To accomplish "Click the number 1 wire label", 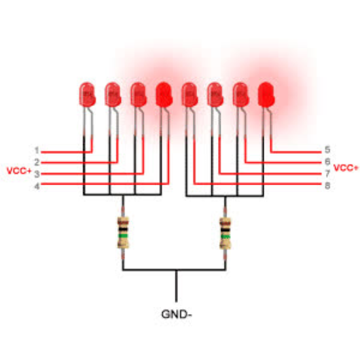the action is tap(37, 151).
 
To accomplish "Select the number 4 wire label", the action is tap(37, 186).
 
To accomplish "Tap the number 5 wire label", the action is tap(327, 150).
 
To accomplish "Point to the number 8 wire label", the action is tap(327, 185).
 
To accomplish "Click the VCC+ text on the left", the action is tap(19, 171).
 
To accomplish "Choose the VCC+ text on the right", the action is tap(346, 168).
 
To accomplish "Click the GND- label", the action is tap(176, 314).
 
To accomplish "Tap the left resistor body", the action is tap(123, 232).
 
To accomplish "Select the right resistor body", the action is tap(225, 233).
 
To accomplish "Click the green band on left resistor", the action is tap(123, 236).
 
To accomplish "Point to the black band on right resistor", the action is tap(225, 230).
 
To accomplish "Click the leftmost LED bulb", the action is tap(87, 95).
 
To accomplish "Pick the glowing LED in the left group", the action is tap(164, 95).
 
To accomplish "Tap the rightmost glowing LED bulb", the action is tap(266, 95).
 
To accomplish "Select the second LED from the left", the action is tap(113, 95).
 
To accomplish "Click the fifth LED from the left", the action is tap(190, 95).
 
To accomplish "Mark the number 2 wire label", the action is tap(37, 162).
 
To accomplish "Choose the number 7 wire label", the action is tap(327, 174).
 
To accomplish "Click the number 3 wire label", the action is tap(37, 174).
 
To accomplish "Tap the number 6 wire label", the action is tap(327, 162).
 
